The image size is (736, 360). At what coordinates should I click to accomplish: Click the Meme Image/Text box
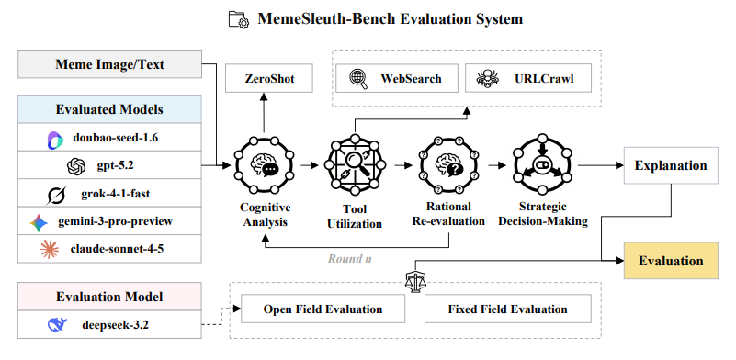point(110,64)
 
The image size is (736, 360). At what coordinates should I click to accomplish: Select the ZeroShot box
point(269,78)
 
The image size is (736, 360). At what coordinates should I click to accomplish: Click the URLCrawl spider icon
point(487,78)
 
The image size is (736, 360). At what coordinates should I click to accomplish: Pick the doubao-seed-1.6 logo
point(55,141)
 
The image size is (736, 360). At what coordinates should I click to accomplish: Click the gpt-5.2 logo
point(76,166)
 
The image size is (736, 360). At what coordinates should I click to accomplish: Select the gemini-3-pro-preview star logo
point(39,222)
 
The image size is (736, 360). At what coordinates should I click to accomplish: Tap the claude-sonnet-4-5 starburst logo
point(50,249)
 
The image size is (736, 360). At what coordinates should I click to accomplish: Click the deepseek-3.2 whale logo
point(57,324)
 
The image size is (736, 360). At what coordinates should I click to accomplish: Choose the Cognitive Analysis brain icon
point(264,164)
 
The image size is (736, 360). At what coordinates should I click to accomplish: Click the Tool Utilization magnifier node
point(355,164)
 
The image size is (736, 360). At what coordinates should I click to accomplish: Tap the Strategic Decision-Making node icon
point(542,164)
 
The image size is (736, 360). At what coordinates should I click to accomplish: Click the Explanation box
point(671,165)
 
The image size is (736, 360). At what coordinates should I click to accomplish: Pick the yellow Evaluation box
point(671,261)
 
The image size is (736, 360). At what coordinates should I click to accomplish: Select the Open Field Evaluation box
point(323,309)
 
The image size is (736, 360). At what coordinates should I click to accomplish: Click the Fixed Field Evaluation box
point(507,309)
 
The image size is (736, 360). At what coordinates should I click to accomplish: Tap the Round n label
point(350,259)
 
